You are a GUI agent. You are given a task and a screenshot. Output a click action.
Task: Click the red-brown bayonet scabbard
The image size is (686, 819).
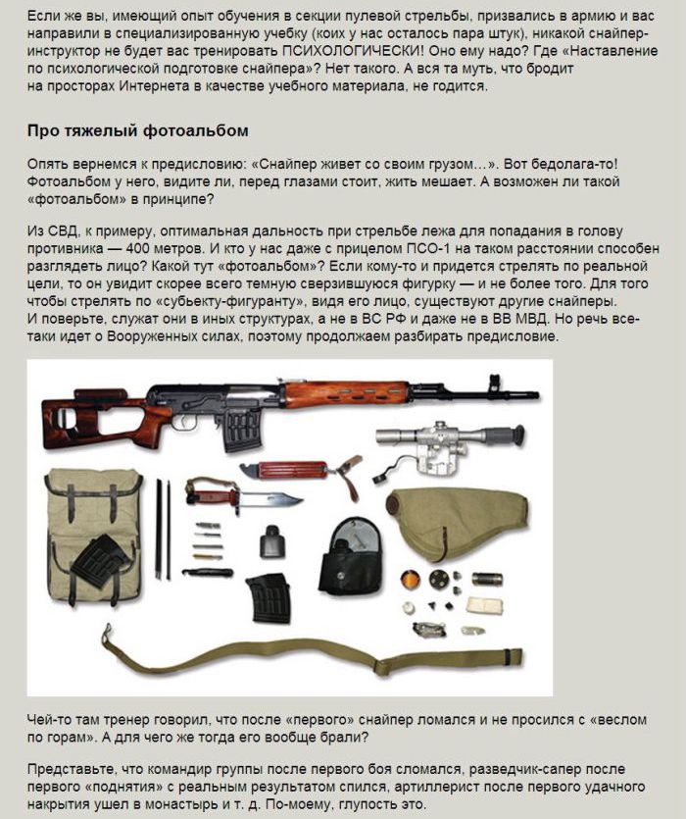coord(294,470)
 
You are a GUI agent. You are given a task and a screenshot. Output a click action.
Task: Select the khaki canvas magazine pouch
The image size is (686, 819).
coord(93,533)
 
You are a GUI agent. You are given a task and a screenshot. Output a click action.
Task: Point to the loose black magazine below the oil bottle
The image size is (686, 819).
coord(268,597)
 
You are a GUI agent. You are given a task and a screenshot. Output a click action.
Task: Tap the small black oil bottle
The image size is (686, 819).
coord(270,542)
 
